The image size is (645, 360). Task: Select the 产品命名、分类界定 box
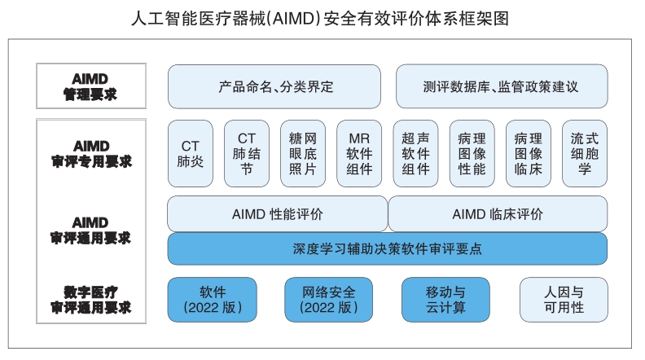(x=274, y=86)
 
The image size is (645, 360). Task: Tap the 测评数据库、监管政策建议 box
(x=501, y=86)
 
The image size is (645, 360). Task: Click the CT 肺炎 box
(x=190, y=153)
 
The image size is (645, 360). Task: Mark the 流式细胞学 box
(x=584, y=153)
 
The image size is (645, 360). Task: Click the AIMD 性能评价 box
(x=277, y=214)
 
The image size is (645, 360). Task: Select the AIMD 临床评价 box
(x=498, y=214)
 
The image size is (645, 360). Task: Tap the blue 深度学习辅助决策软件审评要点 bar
(x=387, y=248)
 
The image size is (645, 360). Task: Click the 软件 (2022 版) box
(x=212, y=299)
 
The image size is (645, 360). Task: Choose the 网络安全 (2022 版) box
(x=328, y=299)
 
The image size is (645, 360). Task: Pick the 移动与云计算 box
(x=445, y=299)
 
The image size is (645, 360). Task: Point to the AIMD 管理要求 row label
(x=90, y=86)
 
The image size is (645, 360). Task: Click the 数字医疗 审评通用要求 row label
(x=90, y=299)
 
